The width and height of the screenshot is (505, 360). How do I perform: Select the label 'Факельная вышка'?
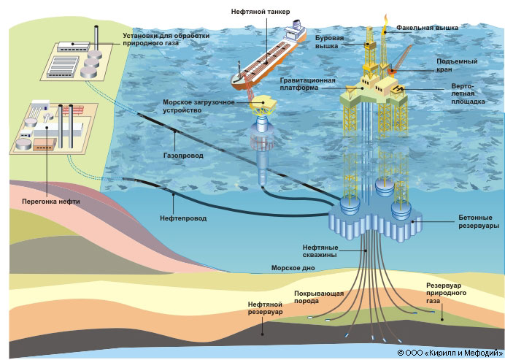point(427,28)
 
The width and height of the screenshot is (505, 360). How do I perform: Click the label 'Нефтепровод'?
point(182,218)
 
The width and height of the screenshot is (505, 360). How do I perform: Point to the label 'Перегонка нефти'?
point(50,200)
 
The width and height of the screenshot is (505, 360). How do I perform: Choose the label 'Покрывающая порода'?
point(319,296)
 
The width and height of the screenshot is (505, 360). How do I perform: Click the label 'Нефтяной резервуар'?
point(264,307)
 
